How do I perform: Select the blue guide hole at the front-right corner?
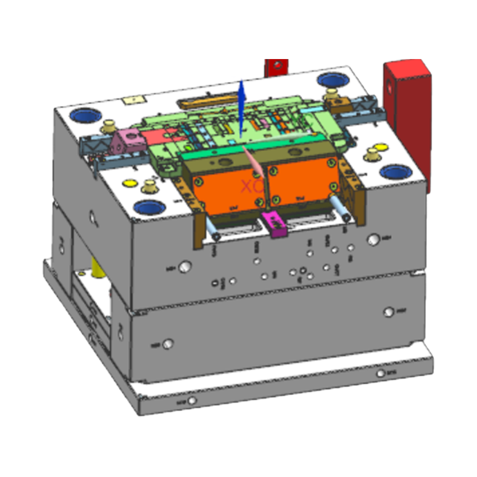pos(396,172)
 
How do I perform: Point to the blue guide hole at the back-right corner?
pos(330,79)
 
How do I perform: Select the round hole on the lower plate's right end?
pos(389,311)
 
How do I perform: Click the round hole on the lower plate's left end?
pos(169,344)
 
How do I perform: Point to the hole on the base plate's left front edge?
pos(191,401)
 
